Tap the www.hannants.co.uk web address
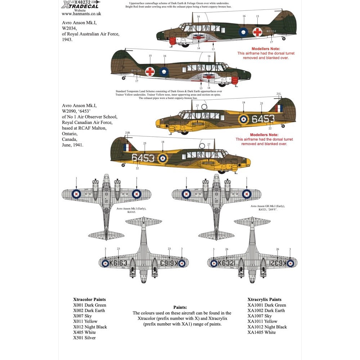coord(81,14)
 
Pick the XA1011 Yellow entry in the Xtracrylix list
coord(262,321)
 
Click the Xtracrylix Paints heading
coord(265,300)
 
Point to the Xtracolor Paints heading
coord(89,300)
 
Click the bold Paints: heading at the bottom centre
coord(180,307)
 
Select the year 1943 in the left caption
coord(67,40)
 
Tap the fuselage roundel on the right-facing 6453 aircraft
coord(243,119)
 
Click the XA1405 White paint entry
coord(262,332)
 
